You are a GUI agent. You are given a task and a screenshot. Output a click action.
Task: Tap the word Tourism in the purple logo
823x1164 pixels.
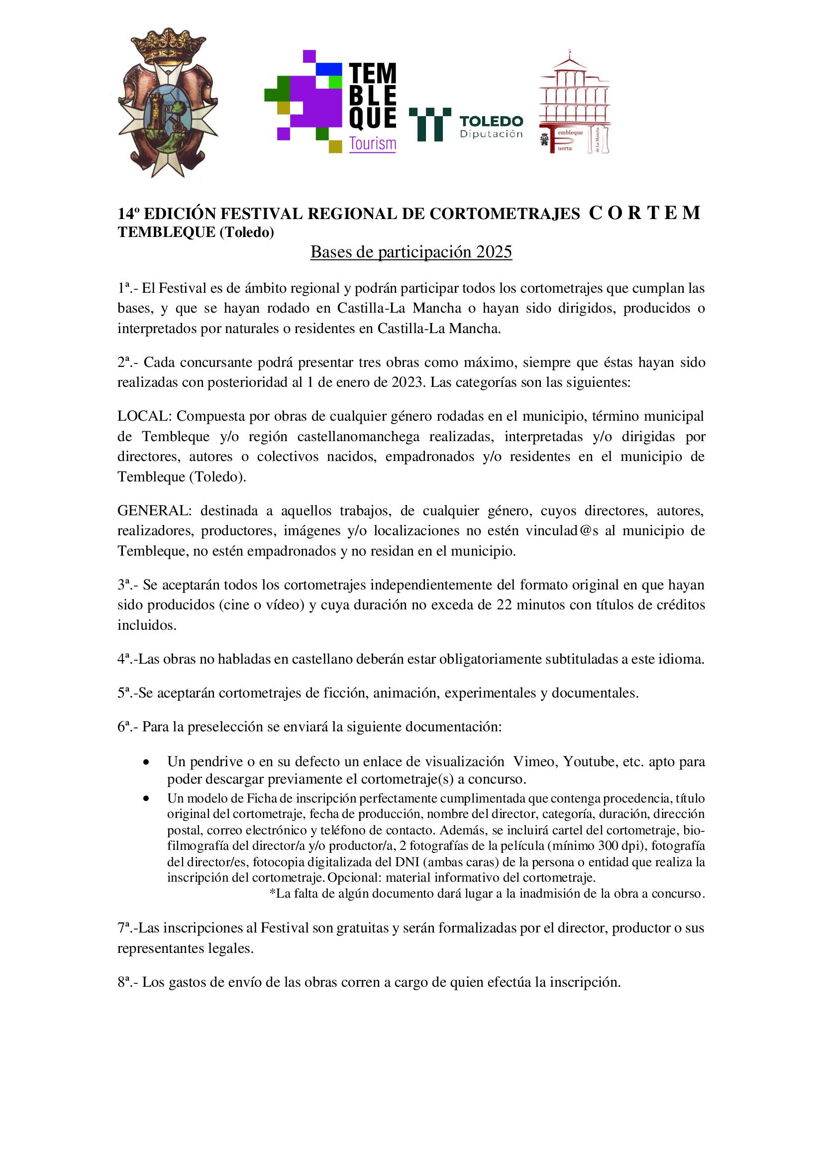pos(373,144)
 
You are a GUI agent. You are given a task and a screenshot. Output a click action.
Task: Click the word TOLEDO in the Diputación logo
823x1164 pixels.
pos(491,121)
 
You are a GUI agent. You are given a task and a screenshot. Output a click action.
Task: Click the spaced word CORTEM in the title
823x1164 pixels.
pos(644,213)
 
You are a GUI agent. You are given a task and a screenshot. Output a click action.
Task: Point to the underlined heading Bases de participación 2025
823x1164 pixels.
pos(411,252)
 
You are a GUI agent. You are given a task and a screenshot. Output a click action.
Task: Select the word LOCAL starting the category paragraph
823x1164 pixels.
pos(145,416)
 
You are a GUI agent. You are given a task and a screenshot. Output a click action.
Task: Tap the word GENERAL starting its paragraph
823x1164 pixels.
pos(154,510)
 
